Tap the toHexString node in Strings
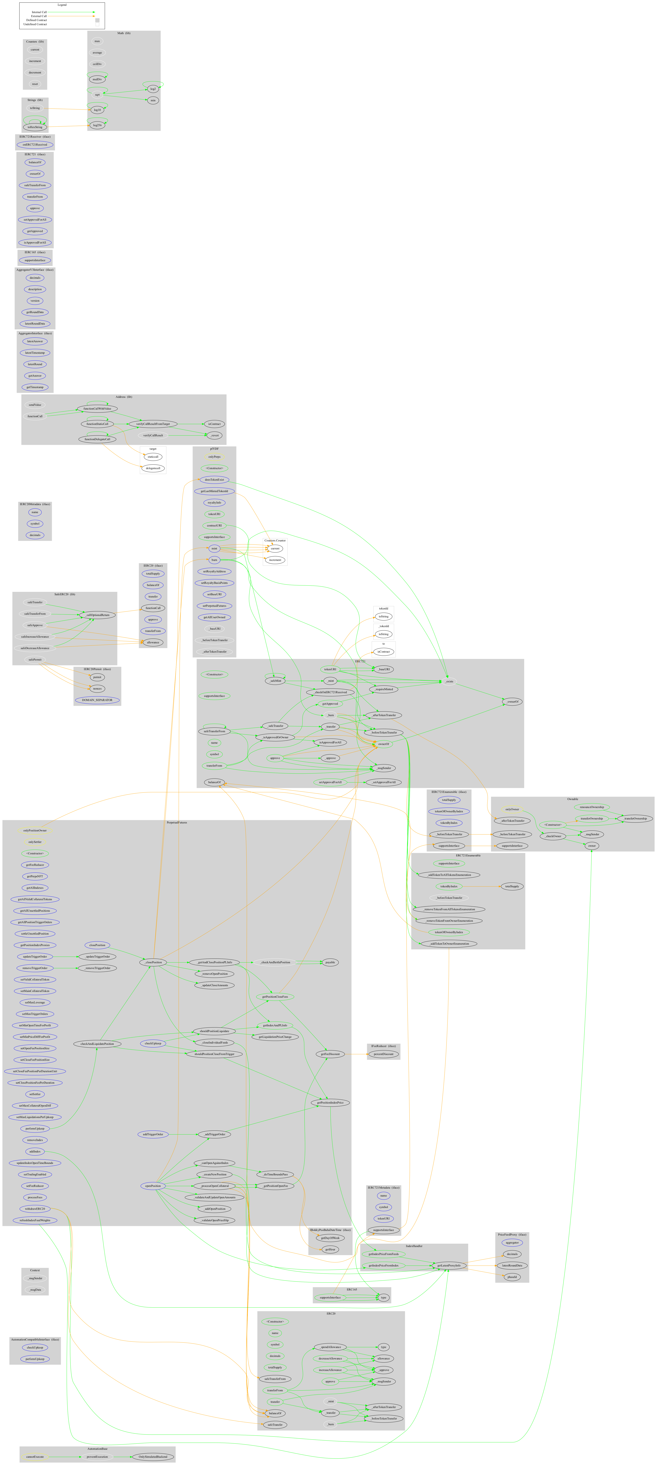[x=35, y=127]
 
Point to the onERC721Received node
[x=35, y=144]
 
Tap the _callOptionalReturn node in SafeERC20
[x=97, y=615]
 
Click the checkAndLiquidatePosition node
[x=97, y=1044]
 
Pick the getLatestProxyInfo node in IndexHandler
[x=449, y=1265]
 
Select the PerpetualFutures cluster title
[x=176, y=822]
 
